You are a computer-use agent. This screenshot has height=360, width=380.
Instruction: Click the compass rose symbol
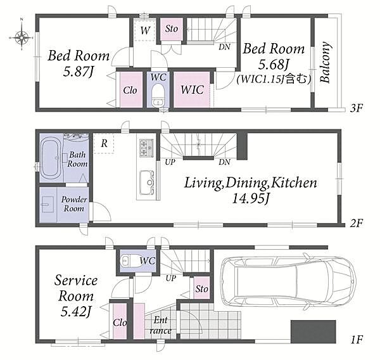22,37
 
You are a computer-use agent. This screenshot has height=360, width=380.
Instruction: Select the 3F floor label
356,108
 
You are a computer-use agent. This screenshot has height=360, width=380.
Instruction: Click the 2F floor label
356,223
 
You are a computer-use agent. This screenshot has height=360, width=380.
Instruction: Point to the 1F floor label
356,340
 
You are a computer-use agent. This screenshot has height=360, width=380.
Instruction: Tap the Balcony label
325,62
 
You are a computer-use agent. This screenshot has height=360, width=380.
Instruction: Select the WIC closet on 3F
192,89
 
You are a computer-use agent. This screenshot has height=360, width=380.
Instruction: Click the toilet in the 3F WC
158,96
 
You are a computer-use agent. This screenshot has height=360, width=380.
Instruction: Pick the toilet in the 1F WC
130,261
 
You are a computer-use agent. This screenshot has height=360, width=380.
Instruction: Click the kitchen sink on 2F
146,183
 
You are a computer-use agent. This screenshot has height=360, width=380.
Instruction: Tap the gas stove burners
146,148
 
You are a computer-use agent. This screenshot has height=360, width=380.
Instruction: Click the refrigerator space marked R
104,143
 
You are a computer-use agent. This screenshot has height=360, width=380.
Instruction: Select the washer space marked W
145,30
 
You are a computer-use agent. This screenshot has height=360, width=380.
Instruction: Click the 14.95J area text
251,199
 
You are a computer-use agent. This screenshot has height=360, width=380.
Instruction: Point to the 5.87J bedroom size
78,72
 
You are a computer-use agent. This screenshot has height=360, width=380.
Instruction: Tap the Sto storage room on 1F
201,288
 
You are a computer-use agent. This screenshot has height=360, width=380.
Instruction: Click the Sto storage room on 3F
172,29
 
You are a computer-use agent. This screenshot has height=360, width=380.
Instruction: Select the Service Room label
76,288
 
